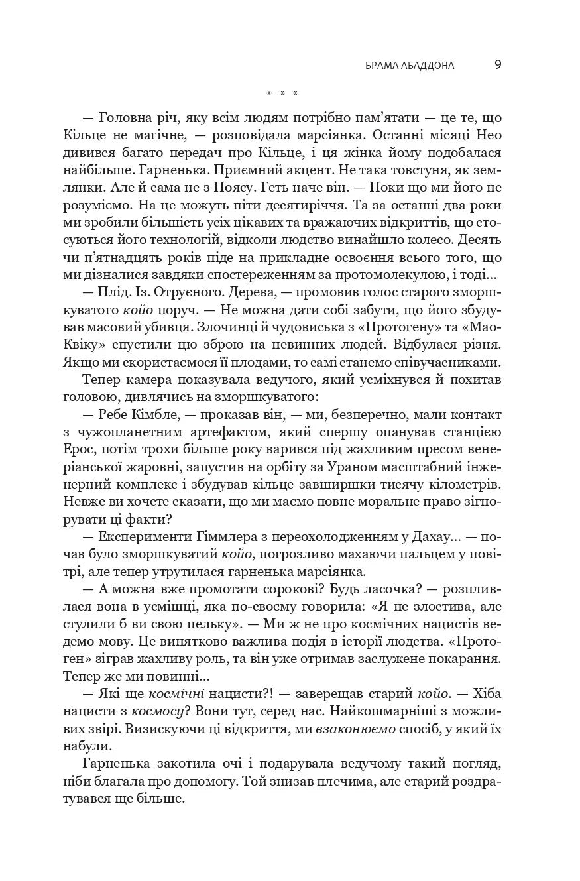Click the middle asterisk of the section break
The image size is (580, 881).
click(x=282, y=93)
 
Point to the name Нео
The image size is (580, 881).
click(x=488, y=135)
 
